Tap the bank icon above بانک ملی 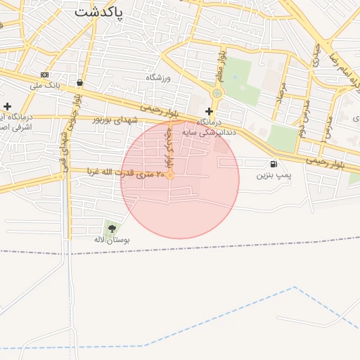(x=45, y=75)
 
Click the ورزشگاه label (x=158, y=77)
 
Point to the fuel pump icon (x=274, y=164)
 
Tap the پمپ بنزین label (x=274, y=174)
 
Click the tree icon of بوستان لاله (x=112, y=228)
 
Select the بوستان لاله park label (x=112, y=240)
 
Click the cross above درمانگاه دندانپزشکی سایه (x=209, y=111)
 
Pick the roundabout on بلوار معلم (x=217, y=93)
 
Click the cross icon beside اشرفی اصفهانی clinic (x=7, y=105)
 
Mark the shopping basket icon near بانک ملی (x=79, y=82)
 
